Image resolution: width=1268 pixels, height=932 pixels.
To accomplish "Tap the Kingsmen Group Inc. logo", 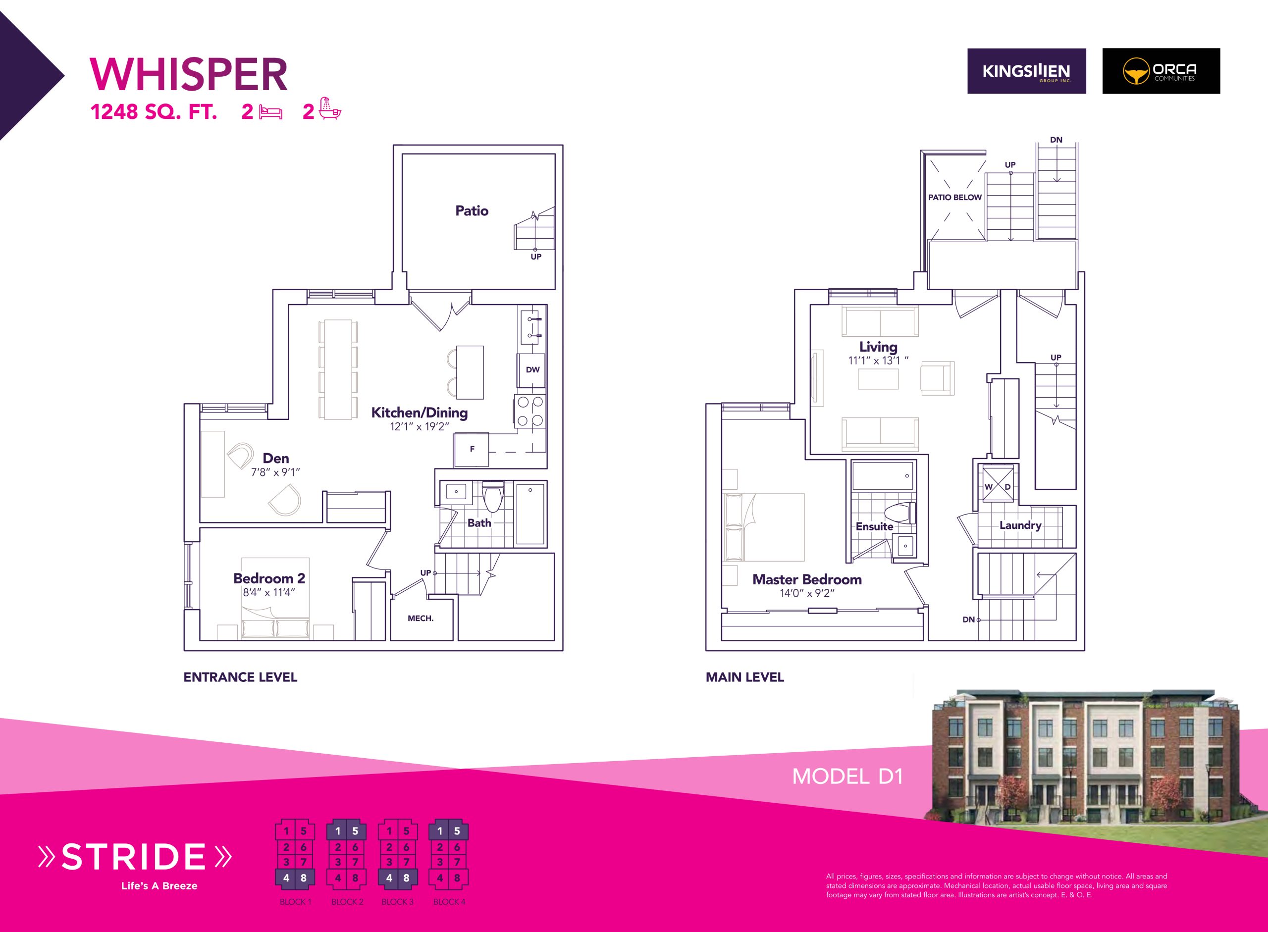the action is [1026, 71].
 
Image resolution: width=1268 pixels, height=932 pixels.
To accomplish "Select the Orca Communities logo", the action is [1161, 71].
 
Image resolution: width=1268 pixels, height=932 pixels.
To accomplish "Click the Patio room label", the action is [472, 210].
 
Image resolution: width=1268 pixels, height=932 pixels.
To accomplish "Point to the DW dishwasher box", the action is [532, 370].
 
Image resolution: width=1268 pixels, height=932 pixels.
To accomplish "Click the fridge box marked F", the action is [472, 450].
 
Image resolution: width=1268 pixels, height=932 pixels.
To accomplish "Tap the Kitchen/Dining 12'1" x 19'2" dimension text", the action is [419, 426].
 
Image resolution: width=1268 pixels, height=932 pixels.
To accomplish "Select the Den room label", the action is [275, 458].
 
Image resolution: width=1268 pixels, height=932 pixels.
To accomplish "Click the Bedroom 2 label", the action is [269, 578].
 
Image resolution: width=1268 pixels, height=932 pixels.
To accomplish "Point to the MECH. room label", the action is [421, 619].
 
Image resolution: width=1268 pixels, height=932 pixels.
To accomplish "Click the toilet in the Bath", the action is [493, 497].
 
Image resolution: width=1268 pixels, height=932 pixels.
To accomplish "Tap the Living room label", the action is [878, 347].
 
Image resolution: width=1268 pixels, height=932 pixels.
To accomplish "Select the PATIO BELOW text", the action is [955, 198].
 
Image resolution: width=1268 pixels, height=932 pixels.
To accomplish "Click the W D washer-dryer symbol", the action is [998, 484].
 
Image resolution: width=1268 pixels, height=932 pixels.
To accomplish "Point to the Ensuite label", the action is [874, 526].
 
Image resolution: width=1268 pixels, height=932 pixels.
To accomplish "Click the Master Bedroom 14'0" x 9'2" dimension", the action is [807, 593].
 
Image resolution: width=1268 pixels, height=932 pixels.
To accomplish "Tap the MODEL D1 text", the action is [847, 777].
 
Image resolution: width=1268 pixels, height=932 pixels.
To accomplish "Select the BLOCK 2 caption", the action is [347, 901].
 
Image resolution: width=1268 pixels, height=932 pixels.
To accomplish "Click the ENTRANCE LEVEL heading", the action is [240, 677].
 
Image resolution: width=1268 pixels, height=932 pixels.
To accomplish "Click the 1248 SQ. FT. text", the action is [154, 112].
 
